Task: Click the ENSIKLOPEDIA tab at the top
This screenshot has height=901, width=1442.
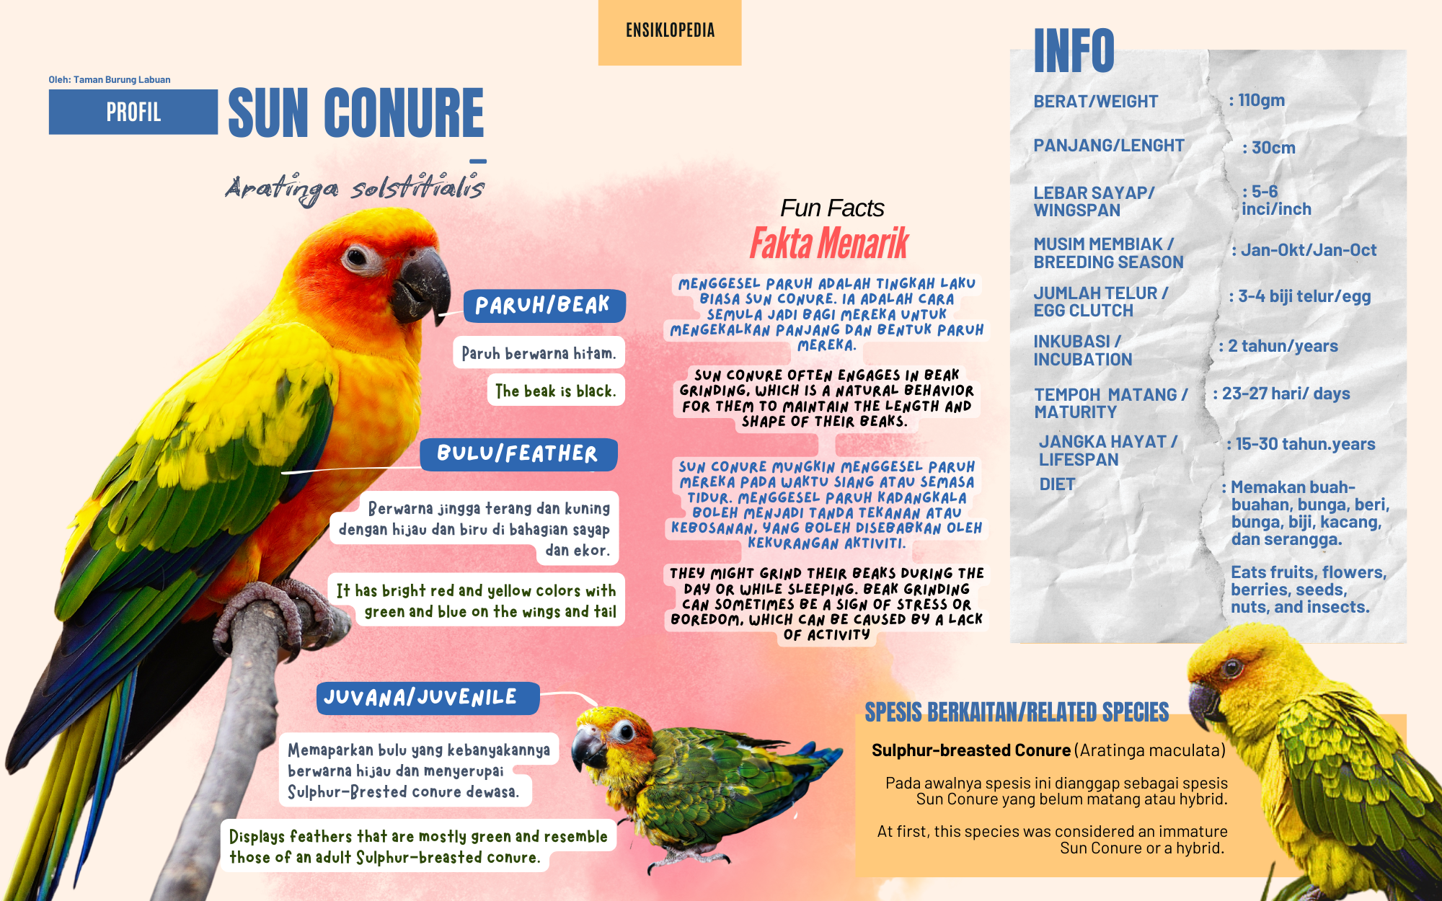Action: click(x=670, y=32)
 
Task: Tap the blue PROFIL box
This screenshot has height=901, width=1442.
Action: click(x=133, y=112)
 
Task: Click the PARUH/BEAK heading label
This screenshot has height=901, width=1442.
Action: click(x=544, y=305)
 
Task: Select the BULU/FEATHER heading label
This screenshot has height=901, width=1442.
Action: click(x=518, y=454)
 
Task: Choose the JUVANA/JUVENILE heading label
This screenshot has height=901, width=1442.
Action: click(x=428, y=698)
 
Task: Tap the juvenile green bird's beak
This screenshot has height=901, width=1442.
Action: click(x=588, y=750)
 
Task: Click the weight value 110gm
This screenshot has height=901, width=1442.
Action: click(x=1257, y=100)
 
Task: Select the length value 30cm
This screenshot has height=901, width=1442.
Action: click(x=1269, y=148)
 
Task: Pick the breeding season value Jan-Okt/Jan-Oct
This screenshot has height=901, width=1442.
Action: click(x=1304, y=250)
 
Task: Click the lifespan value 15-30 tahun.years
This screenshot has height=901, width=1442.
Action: click(x=1301, y=444)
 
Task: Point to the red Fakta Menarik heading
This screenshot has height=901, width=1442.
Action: click(x=829, y=243)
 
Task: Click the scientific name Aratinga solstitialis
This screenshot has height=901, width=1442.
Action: click(x=355, y=189)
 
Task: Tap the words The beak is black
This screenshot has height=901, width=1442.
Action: click(x=556, y=391)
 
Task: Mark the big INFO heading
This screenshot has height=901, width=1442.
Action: click(x=1074, y=50)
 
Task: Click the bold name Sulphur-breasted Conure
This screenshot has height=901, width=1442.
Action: click(x=971, y=750)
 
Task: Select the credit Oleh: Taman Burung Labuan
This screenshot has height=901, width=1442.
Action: click(x=110, y=79)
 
